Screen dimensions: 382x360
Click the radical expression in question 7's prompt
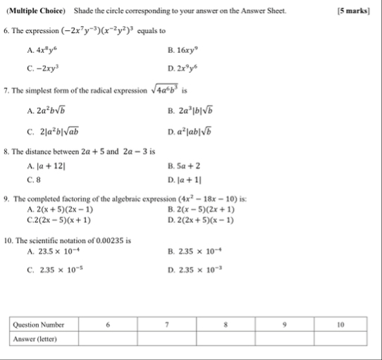click(x=167, y=89)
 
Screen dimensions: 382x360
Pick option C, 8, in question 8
click(x=35, y=180)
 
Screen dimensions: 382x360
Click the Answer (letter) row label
click(x=36, y=339)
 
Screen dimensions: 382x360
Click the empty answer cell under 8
click(x=226, y=339)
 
